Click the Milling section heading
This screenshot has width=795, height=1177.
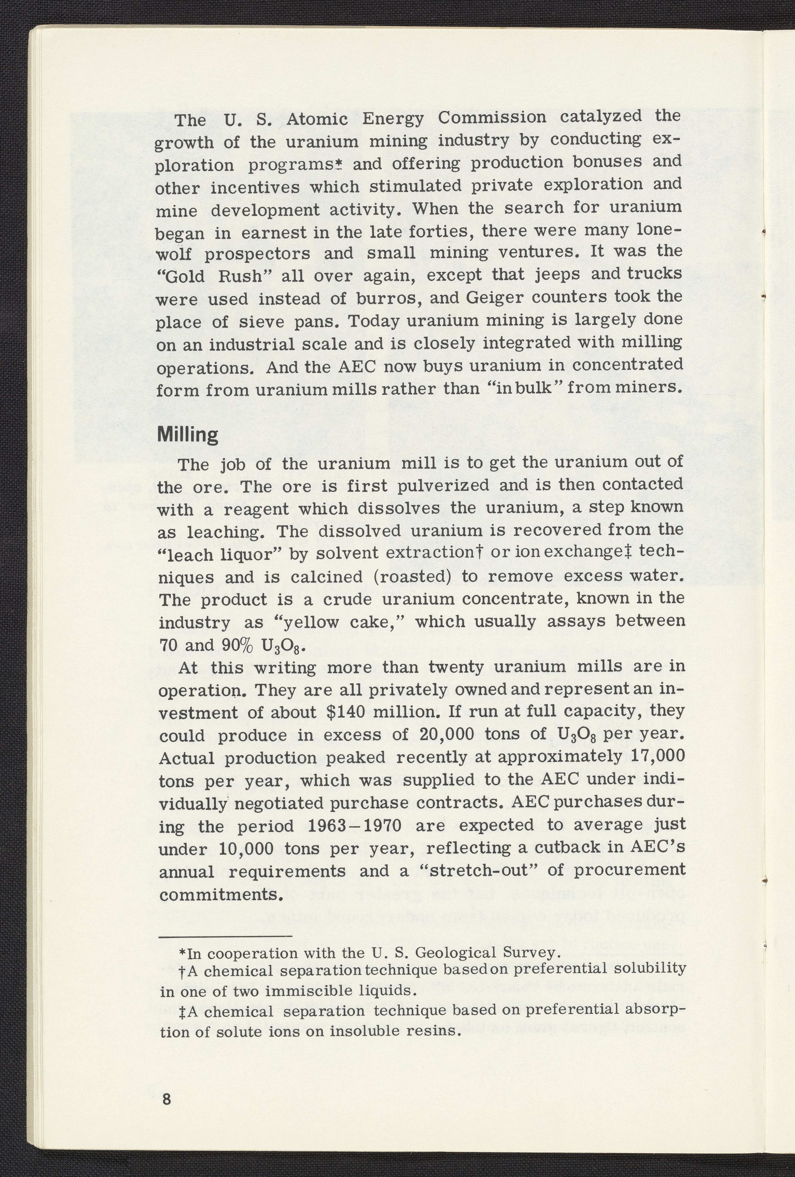[188, 435]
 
